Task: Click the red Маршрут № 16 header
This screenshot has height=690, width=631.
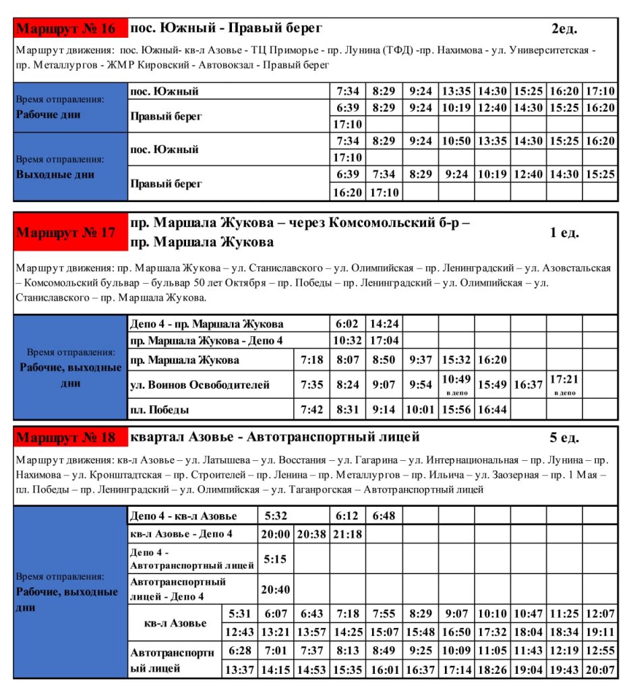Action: pos(70,29)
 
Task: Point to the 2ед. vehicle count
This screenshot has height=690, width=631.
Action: pos(564,29)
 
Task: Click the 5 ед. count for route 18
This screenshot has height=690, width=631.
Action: pos(564,437)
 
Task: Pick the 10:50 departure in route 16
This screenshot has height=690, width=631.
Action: pos(456,141)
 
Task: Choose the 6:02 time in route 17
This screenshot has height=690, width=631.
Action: pos(348,324)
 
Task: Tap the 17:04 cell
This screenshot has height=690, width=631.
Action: pos(384,341)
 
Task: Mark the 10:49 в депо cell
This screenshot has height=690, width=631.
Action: pos(456,384)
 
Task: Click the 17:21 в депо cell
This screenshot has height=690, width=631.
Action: pos(564,384)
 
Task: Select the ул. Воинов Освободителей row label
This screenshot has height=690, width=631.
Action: pos(200,385)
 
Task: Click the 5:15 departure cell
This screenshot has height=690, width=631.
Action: pos(275,559)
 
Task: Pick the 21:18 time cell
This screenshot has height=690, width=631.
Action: pos(348,534)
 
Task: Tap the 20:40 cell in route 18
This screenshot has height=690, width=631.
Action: pos(275,589)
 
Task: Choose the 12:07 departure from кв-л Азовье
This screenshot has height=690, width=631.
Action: pos(600,614)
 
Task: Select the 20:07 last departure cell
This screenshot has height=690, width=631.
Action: pos(600,669)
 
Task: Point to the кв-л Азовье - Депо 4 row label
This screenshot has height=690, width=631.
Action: pos(182,534)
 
